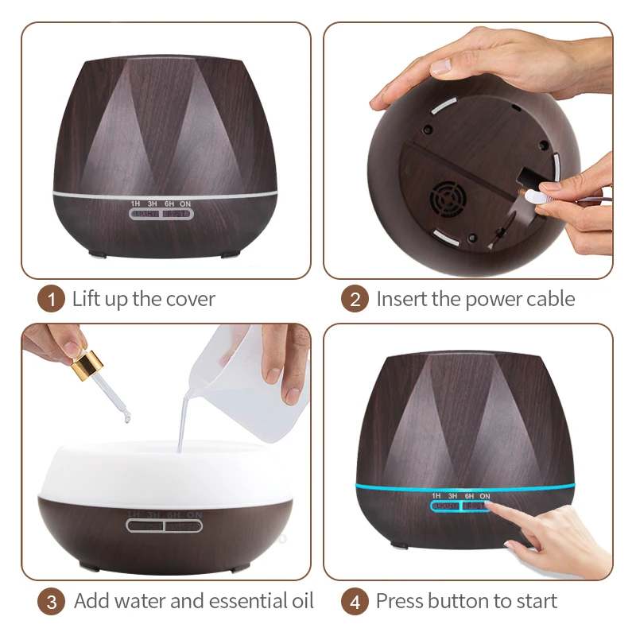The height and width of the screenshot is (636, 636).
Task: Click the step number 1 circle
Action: (52, 300)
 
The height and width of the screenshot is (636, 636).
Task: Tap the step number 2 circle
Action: (355, 300)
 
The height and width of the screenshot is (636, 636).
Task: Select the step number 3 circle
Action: (52, 601)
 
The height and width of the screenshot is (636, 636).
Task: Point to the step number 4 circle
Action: (355, 601)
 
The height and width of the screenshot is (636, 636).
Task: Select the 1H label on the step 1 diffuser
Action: (137, 204)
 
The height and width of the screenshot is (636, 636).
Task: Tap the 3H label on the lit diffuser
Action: (452, 496)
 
